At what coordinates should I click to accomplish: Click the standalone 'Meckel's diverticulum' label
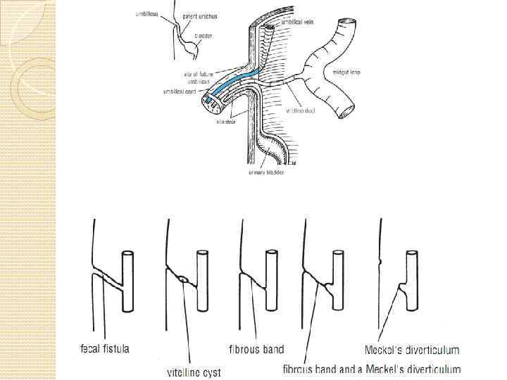(412, 350)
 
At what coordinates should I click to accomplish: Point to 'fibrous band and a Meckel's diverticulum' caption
(372, 368)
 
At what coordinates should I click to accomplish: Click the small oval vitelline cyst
(184, 279)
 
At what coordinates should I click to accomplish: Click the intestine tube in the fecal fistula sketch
(127, 281)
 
